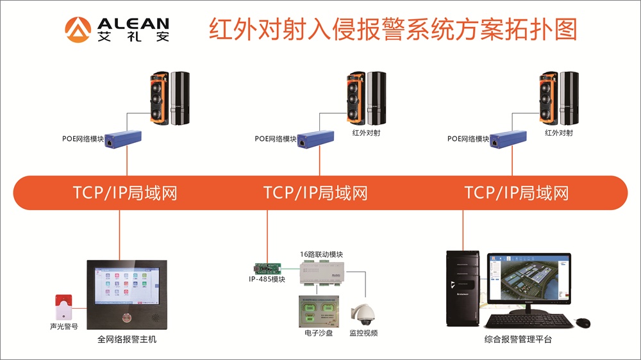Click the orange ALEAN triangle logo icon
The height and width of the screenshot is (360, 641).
(78, 29)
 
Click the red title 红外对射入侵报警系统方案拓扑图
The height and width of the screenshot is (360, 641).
(392, 29)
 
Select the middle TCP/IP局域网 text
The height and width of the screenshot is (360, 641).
(315, 192)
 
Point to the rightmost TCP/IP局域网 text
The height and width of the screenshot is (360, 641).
(517, 192)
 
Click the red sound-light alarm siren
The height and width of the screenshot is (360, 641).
(63, 307)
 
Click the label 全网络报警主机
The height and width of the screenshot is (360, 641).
(127, 340)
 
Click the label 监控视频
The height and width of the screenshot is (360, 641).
(363, 333)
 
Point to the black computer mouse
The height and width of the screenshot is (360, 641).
(582, 322)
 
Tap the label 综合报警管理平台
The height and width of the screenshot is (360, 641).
(518, 340)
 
